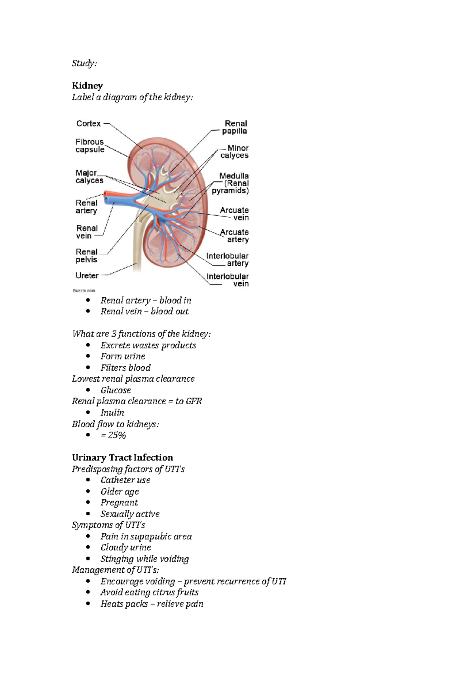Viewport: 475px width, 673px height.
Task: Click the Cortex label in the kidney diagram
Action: (88, 124)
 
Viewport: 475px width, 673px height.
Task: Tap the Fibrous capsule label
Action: (90, 145)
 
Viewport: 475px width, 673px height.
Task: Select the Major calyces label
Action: (89, 176)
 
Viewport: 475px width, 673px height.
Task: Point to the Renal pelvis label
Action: (86, 256)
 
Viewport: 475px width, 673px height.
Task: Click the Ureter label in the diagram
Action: (87, 275)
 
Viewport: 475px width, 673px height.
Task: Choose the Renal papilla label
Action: (235, 127)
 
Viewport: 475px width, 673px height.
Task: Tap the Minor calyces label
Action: (235, 152)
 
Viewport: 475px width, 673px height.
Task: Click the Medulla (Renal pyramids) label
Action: (231, 183)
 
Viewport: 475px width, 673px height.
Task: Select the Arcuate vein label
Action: (234, 214)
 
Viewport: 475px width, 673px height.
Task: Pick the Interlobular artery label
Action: (227, 260)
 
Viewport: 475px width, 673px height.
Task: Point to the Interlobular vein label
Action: (228, 280)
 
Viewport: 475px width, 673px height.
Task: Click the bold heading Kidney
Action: (87, 86)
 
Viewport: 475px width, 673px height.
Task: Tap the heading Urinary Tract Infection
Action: (122, 457)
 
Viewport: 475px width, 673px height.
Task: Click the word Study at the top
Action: (84, 63)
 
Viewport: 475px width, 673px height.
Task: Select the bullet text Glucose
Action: (116, 390)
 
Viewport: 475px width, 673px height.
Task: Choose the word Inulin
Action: (112, 413)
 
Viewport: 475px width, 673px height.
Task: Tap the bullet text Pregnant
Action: (119, 503)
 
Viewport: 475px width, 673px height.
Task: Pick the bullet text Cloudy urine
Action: (125, 547)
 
